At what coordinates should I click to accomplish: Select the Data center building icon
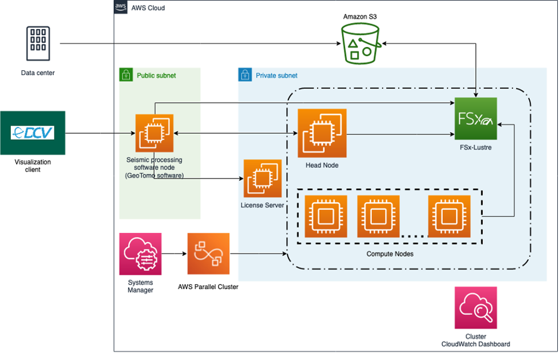click(38, 43)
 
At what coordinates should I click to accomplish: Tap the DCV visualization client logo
click(33, 133)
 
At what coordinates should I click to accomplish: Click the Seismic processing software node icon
click(154, 133)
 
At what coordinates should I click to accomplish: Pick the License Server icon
click(263, 178)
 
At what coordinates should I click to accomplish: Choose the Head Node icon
click(322, 133)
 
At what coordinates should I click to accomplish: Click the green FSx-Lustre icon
click(475, 118)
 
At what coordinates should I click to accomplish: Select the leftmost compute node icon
click(326, 216)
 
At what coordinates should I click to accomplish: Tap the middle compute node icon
click(378, 216)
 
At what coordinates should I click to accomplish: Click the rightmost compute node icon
click(449, 216)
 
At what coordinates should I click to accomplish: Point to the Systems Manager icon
click(140, 254)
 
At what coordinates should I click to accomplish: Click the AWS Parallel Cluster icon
click(208, 254)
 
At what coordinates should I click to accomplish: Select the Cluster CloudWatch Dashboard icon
click(475, 308)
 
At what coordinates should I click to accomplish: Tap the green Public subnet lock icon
click(125, 75)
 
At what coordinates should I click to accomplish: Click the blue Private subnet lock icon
click(245, 75)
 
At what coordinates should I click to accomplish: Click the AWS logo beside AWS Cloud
click(121, 7)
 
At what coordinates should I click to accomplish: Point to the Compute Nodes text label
click(389, 254)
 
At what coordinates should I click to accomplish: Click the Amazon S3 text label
click(360, 17)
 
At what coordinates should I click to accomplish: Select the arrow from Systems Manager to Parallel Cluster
click(174, 254)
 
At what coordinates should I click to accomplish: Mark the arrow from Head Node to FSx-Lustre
click(401, 135)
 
